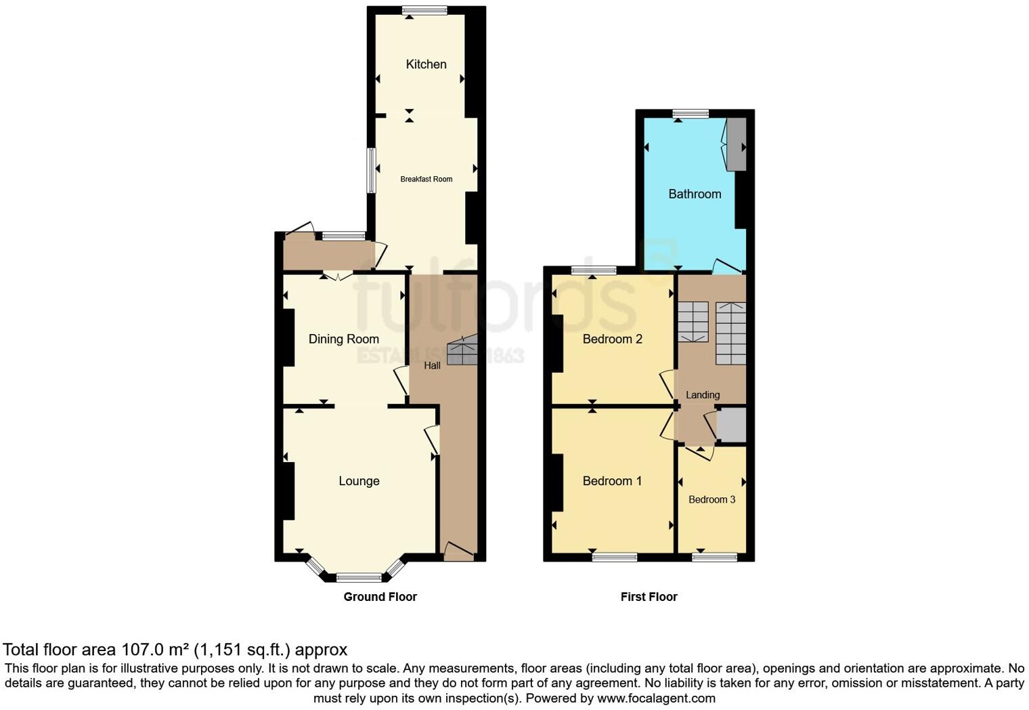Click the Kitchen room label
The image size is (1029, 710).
[x=426, y=64]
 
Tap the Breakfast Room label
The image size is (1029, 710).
[x=426, y=179]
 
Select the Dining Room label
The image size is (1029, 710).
[x=343, y=339]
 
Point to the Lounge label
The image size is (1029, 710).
[x=359, y=481]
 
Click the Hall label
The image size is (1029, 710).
[x=432, y=366]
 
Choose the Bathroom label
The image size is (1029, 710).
[x=695, y=194]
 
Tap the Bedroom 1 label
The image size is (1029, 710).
[x=612, y=481]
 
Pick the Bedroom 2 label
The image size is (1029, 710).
[x=612, y=339]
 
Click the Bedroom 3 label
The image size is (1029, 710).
[x=711, y=499]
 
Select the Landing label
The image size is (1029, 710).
[x=703, y=395]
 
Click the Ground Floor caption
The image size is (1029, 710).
[x=380, y=597]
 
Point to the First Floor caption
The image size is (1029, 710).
[x=649, y=597]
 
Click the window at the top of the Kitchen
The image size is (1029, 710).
[x=424, y=10]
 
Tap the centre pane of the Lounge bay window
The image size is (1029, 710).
[x=359, y=578]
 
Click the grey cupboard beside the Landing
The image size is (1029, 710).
[x=731, y=425]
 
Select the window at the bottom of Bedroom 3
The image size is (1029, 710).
[x=714, y=557]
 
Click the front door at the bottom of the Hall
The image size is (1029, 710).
[x=458, y=552]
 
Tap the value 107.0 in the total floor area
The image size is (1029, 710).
[x=142, y=650]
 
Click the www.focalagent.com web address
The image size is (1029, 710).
[x=656, y=698]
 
